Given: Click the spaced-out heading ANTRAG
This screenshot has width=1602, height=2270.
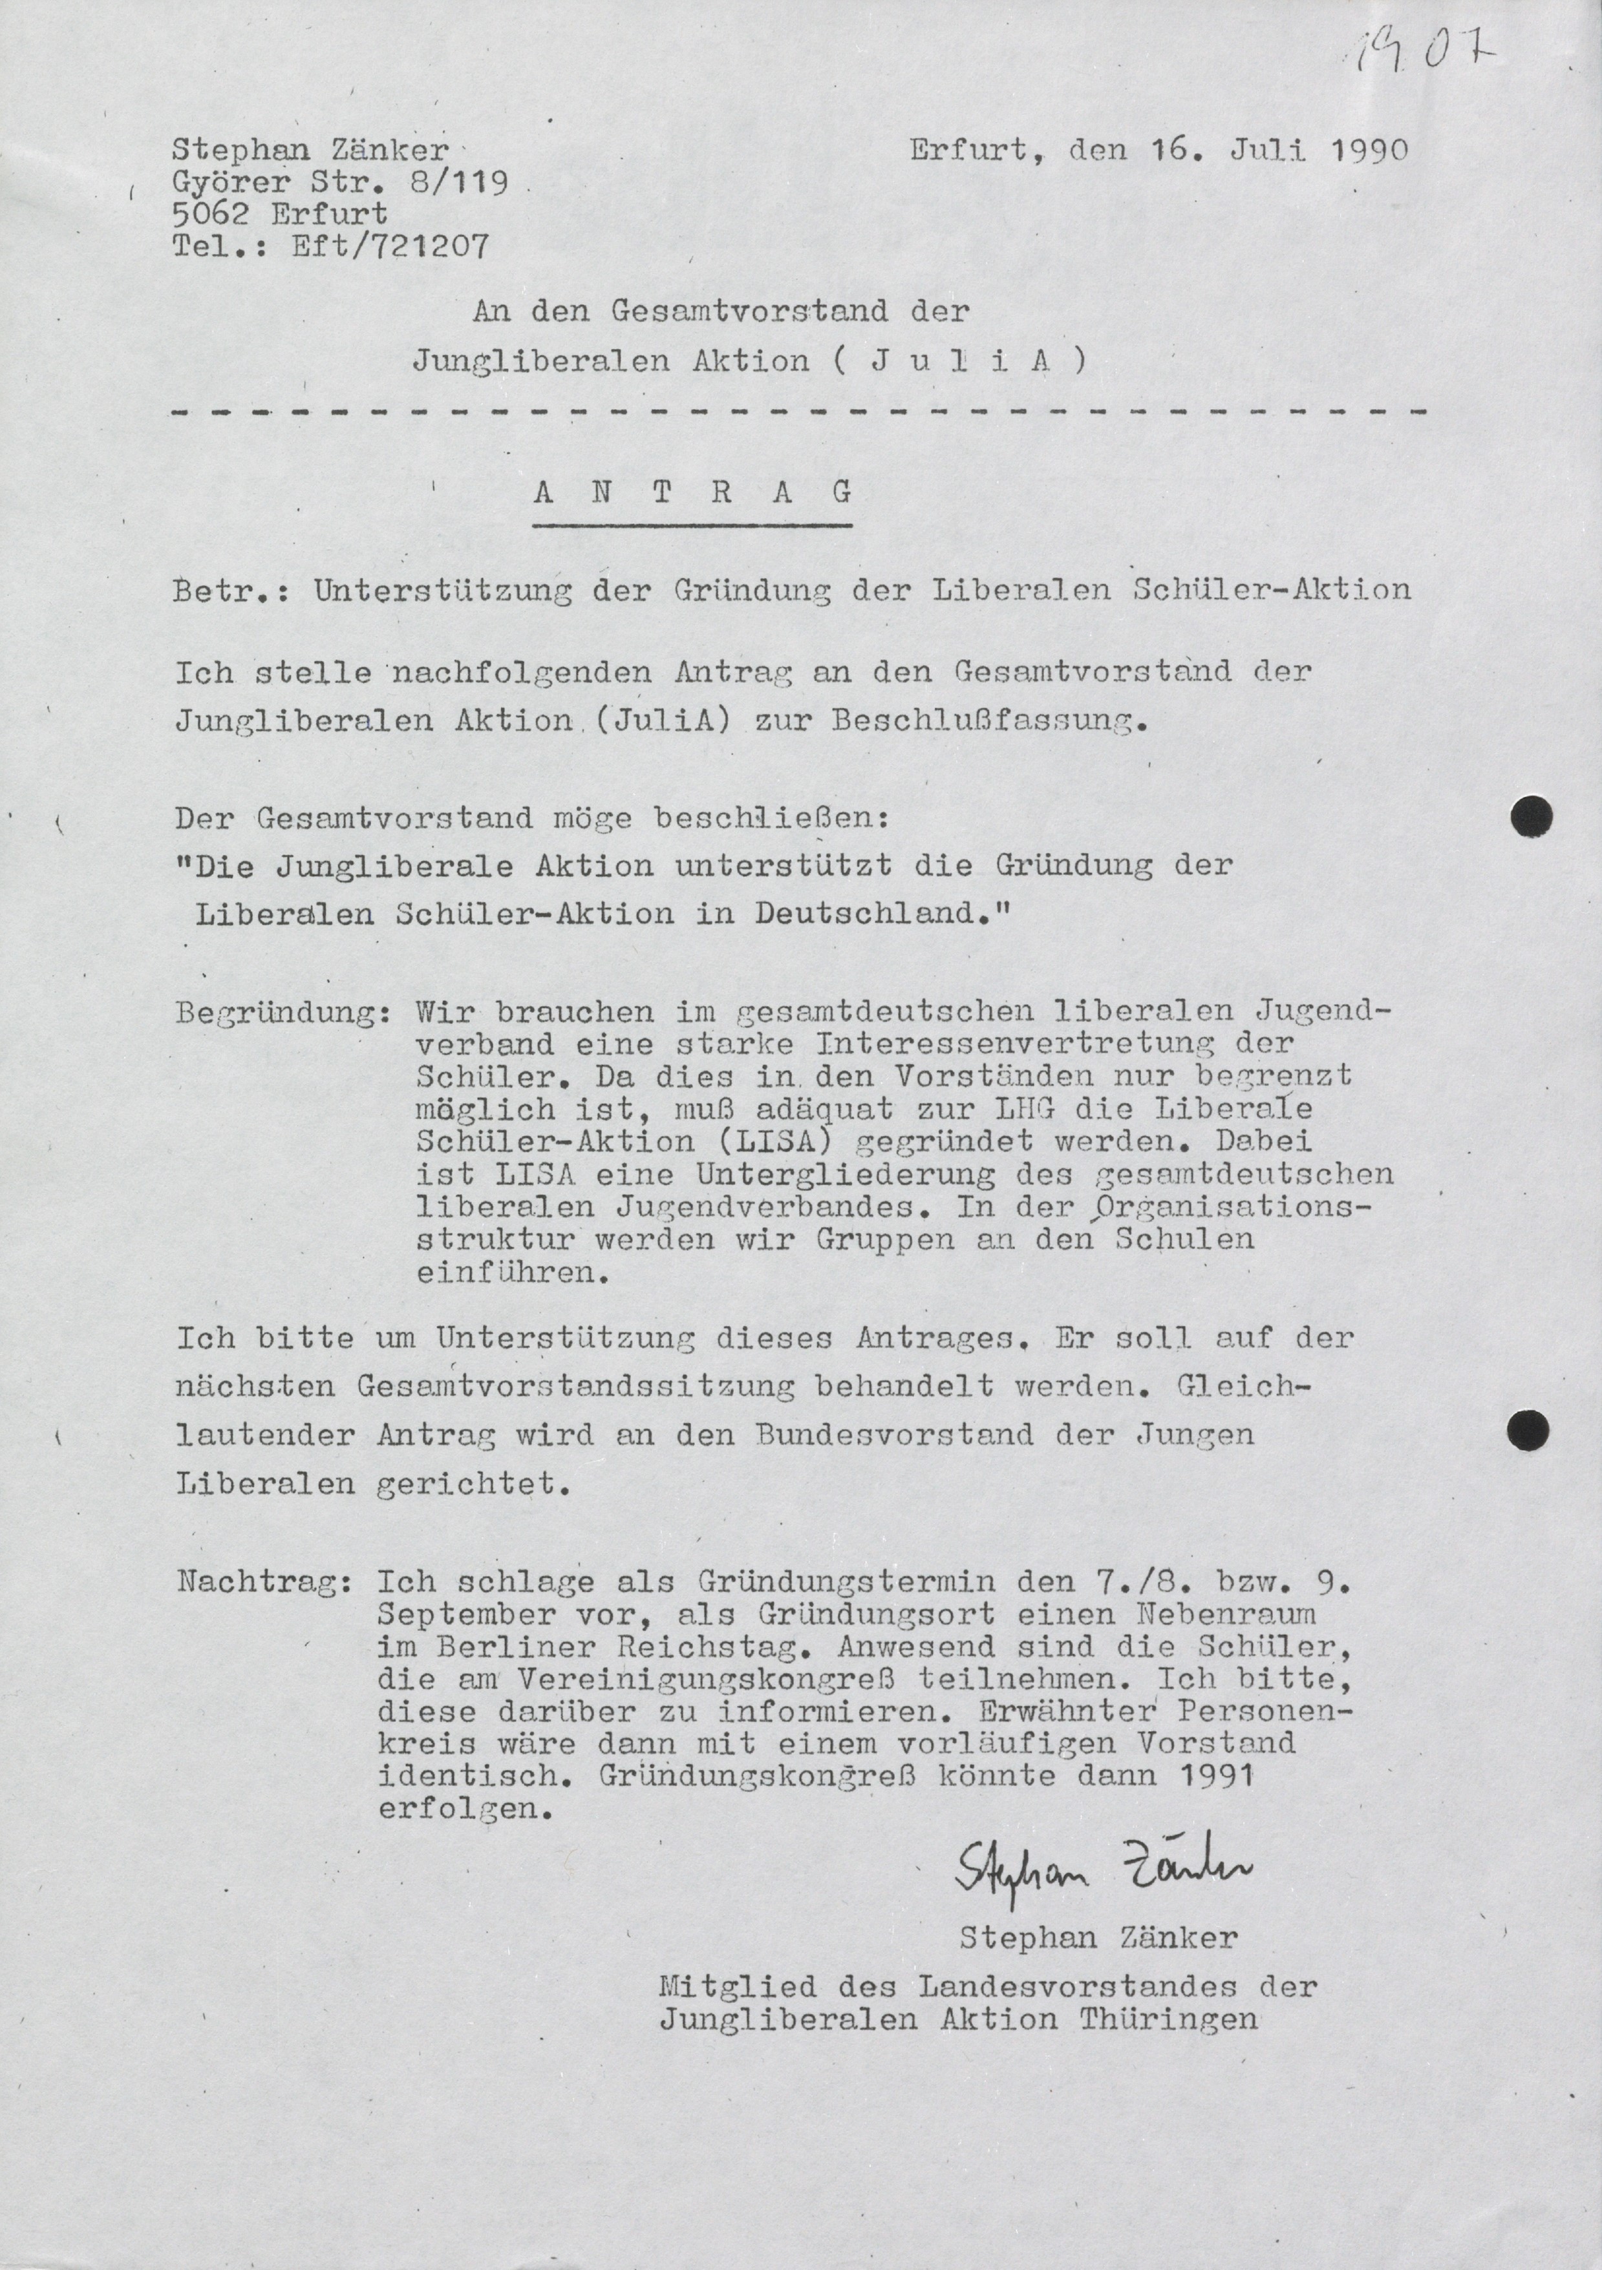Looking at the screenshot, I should point(692,492).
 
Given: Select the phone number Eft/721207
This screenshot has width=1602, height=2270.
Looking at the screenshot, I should point(390,245).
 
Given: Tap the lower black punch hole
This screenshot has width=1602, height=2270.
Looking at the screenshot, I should point(1529,1427).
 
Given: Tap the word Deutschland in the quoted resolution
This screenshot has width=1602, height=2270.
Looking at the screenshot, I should point(878,912).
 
